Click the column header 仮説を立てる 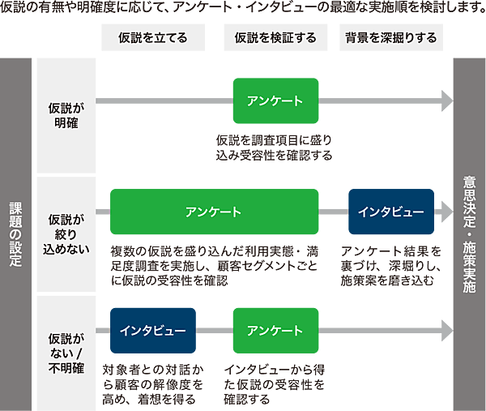click(x=153, y=38)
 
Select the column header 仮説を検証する click(x=275, y=38)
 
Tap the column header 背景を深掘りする click(x=391, y=38)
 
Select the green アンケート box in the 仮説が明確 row click(x=275, y=101)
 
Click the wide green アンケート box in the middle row click(x=214, y=212)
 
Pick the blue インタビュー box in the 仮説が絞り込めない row click(x=391, y=212)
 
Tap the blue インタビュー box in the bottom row click(x=153, y=331)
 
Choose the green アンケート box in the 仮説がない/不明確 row click(x=275, y=331)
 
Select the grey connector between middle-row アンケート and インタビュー click(x=333, y=212)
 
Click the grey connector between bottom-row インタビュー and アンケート click(x=215, y=331)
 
